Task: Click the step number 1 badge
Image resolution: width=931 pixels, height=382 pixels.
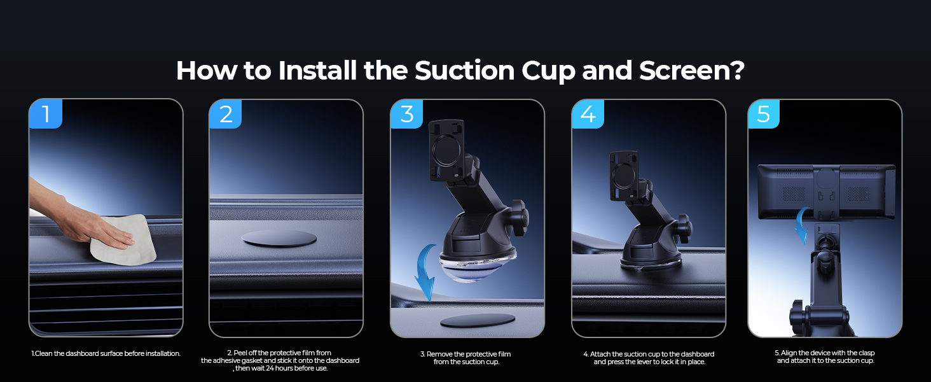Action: click(46, 114)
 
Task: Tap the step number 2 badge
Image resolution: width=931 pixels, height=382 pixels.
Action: click(226, 114)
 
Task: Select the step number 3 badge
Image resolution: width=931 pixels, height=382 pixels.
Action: click(407, 114)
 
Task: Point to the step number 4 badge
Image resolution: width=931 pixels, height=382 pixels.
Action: click(588, 115)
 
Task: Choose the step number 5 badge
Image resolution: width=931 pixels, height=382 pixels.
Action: click(764, 115)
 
